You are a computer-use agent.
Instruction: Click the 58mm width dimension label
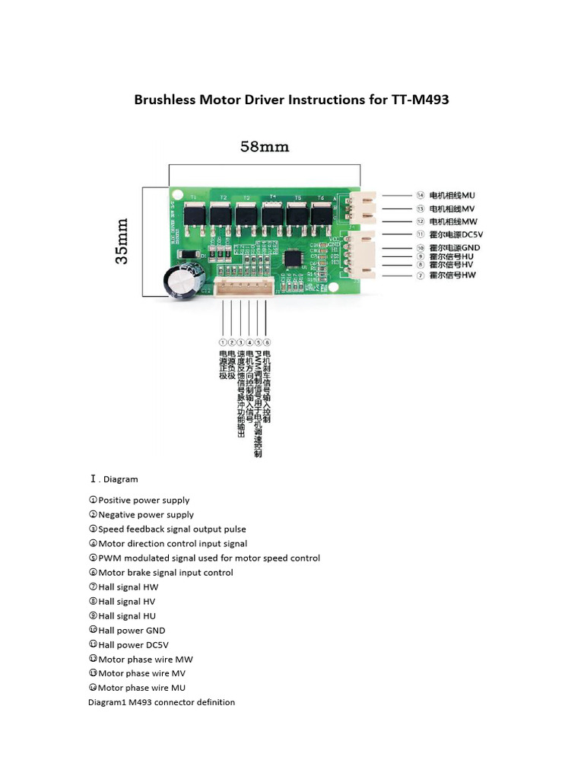click(265, 147)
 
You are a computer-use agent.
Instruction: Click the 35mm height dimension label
click(122, 241)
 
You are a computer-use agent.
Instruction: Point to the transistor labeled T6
click(321, 214)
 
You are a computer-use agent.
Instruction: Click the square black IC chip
click(293, 259)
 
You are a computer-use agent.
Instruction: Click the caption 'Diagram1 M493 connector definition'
click(162, 702)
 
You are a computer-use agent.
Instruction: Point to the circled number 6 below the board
click(267, 342)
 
